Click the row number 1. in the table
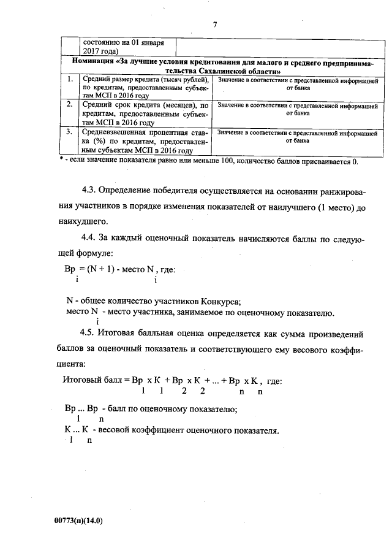pos(70,80)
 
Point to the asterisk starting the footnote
pos(62,161)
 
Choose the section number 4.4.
pos(90,237)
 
